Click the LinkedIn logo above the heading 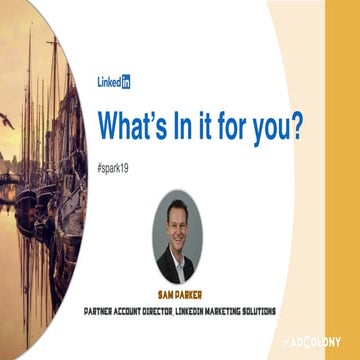(119, 82)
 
